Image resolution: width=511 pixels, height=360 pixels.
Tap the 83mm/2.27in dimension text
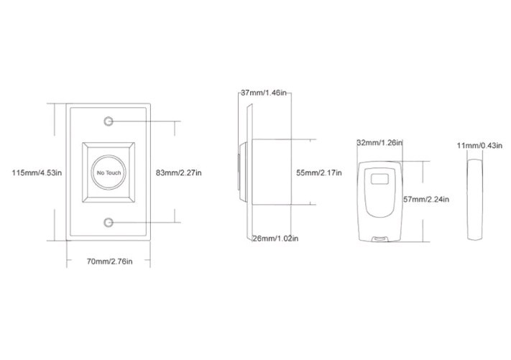click(179, 172)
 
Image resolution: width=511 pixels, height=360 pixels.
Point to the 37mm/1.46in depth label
click(264, 93)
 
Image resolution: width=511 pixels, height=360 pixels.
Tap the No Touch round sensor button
click(109, 173)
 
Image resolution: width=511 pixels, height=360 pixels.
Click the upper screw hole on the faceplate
click(109, 121)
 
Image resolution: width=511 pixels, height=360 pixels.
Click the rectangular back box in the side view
click(270, 172)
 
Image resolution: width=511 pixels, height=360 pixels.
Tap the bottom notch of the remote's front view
click(379, 237)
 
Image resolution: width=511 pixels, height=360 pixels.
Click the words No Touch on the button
click(109, 173)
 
